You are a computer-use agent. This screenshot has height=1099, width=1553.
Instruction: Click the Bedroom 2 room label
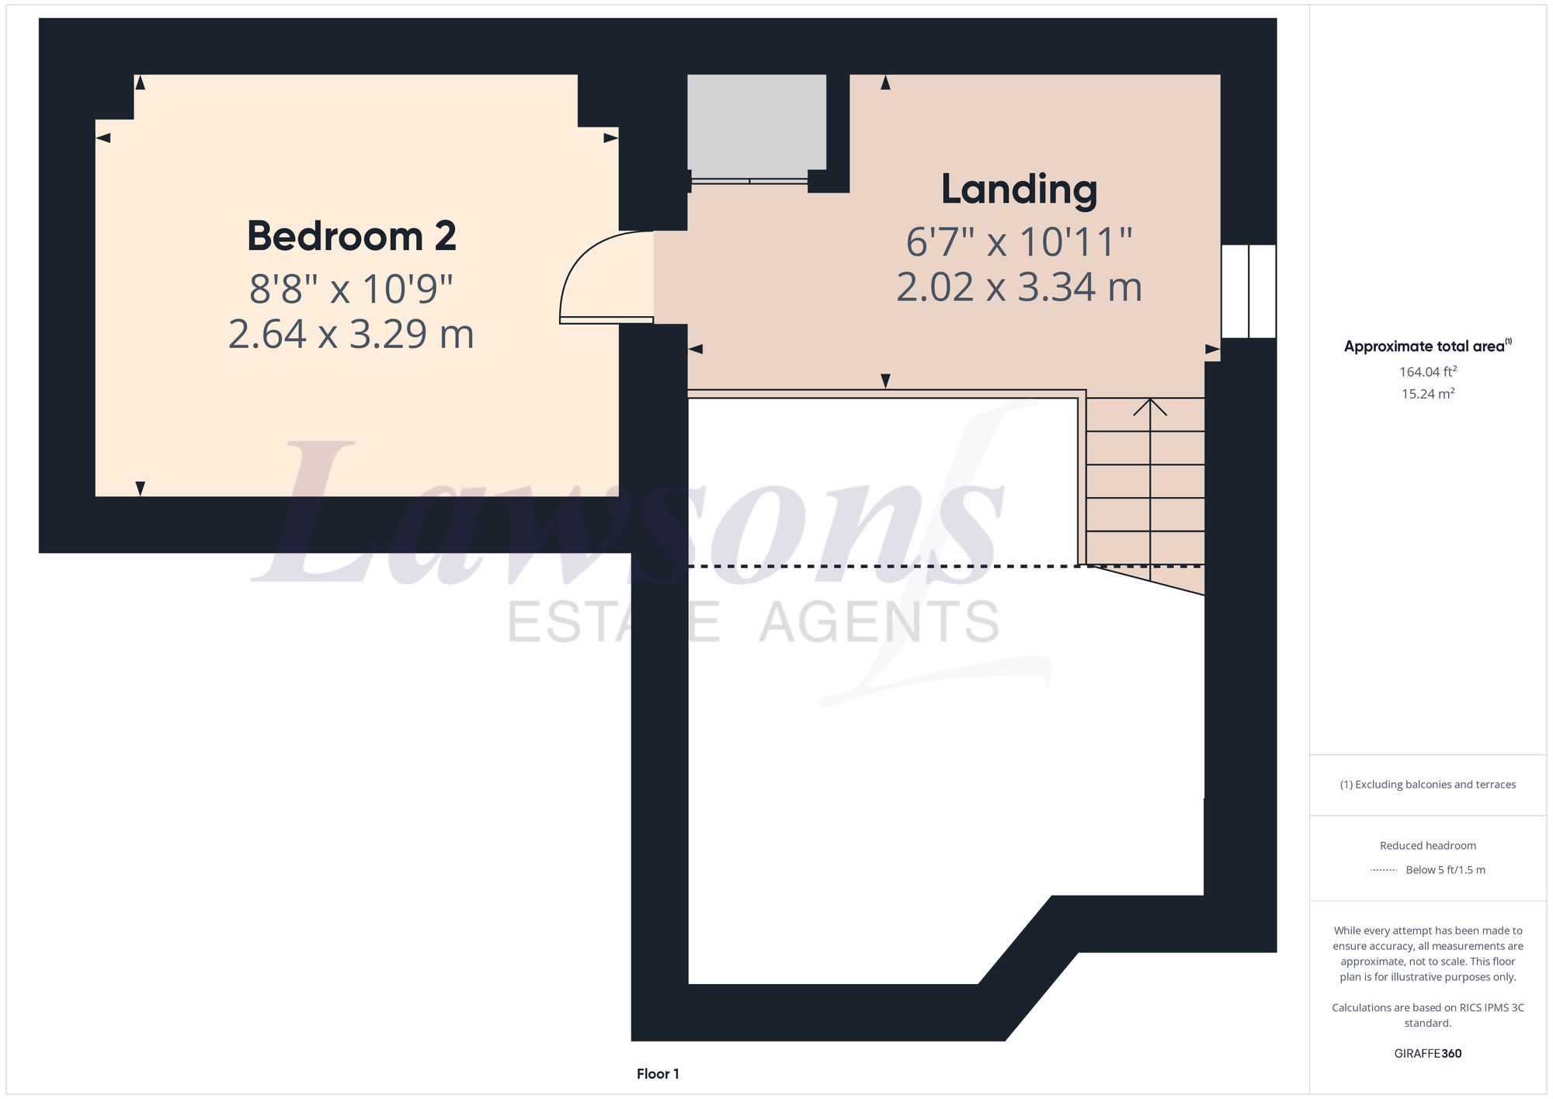pos(351,236)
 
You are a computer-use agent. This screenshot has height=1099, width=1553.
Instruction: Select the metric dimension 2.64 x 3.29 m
pos(351,334)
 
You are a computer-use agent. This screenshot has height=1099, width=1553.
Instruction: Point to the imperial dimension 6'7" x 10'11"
pos(1019,242)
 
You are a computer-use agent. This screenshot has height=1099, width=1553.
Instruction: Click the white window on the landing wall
pos(1248,291)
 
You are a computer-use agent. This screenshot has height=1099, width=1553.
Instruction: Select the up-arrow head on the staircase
pos(1149,406)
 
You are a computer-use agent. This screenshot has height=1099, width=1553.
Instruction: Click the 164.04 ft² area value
pos(1427,371)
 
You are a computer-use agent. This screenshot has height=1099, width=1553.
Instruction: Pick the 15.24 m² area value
pos(1427,394)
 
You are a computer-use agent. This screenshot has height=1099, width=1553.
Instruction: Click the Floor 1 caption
pos(658,1074)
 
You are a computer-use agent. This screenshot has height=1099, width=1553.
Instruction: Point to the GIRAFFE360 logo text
pos(1427,1053)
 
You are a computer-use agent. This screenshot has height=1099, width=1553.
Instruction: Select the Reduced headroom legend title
pos(1427,845)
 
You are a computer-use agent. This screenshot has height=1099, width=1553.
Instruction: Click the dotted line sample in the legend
pos(1384,870)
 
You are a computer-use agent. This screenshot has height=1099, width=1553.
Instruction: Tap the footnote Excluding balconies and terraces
pos(1427,784)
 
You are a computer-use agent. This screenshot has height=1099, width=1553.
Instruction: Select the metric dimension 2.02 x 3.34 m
pos(1019,287)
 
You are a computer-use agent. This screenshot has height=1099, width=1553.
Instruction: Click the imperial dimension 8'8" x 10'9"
pos(351,289)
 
